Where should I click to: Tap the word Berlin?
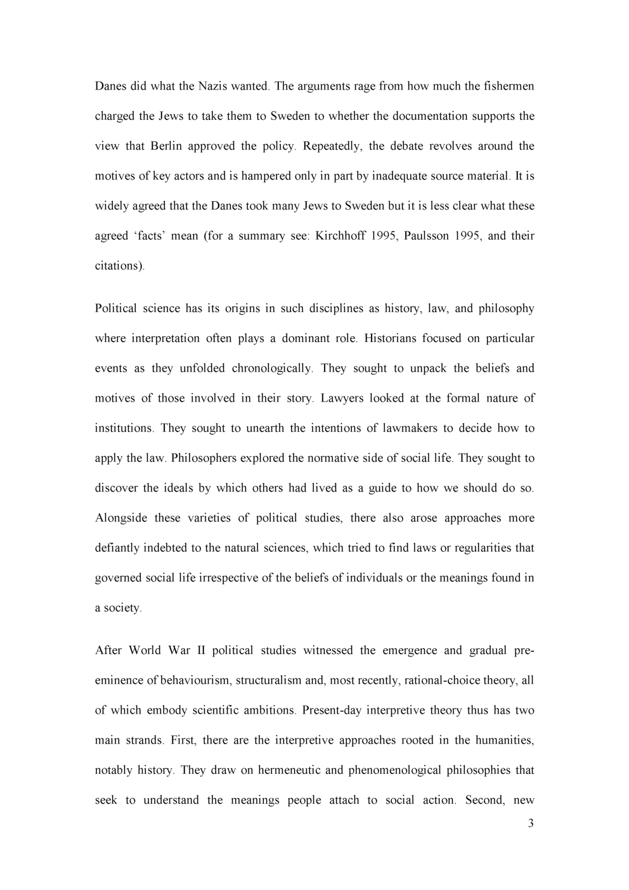coord(166,146)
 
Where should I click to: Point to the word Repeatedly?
coord(332,146)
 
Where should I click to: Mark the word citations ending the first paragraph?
coord(119,266)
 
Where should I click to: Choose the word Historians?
coord(390,338)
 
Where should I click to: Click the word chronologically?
coord(272,369)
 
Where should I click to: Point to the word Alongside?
coord(120,518)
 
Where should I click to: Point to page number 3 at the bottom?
coord(531,824)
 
